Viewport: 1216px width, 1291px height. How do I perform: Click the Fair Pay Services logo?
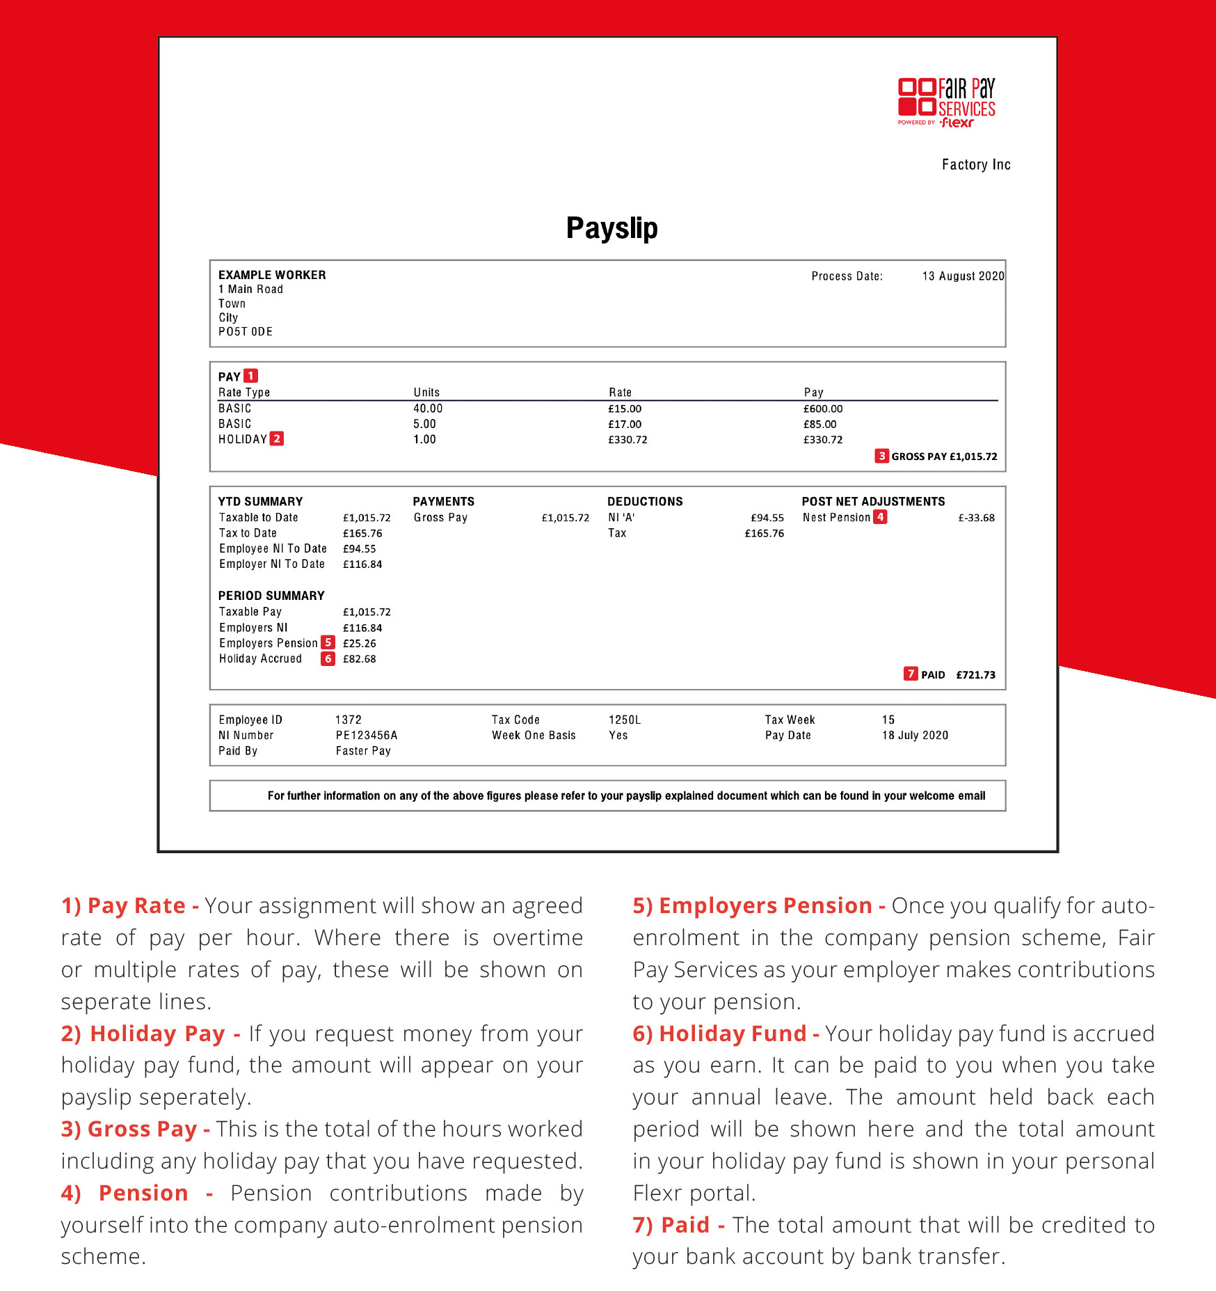click(x=946, y=102)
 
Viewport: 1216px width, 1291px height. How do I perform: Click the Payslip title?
click(x=611, y=228)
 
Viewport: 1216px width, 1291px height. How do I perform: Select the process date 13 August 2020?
click(x=963, y=276)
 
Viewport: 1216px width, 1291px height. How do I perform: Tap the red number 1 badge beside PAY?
click(x=251, y=376)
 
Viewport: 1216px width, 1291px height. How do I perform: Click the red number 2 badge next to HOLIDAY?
click(x=277, y=438)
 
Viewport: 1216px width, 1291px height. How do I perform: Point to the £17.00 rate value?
click(x=625, y=424)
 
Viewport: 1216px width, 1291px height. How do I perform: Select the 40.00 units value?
click(x=428, y=409)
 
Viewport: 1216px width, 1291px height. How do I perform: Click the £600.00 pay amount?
click(x=823, y=409)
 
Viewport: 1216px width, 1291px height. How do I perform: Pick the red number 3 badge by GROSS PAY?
click(x=881, y=456)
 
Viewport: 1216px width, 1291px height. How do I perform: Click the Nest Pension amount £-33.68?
click(x=976, y=518)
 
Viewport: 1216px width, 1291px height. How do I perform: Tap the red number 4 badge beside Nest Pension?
click(x=880, y=517)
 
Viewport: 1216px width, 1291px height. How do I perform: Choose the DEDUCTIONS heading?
click(x=645, y=501)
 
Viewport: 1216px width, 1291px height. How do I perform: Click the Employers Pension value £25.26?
click(x=359, y=644)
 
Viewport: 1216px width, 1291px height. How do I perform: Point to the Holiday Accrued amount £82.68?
click(x=359, y=659)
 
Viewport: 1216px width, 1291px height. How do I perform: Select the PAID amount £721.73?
click(x=975, y=675)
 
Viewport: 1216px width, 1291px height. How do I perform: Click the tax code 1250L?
click(x=625, y=720)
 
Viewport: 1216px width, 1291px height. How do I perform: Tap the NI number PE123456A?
click(x=367, y=735)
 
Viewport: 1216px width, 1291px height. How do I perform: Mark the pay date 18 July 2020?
click(x=915, y=735)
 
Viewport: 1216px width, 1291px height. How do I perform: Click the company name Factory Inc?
click(x=976, y=165)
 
